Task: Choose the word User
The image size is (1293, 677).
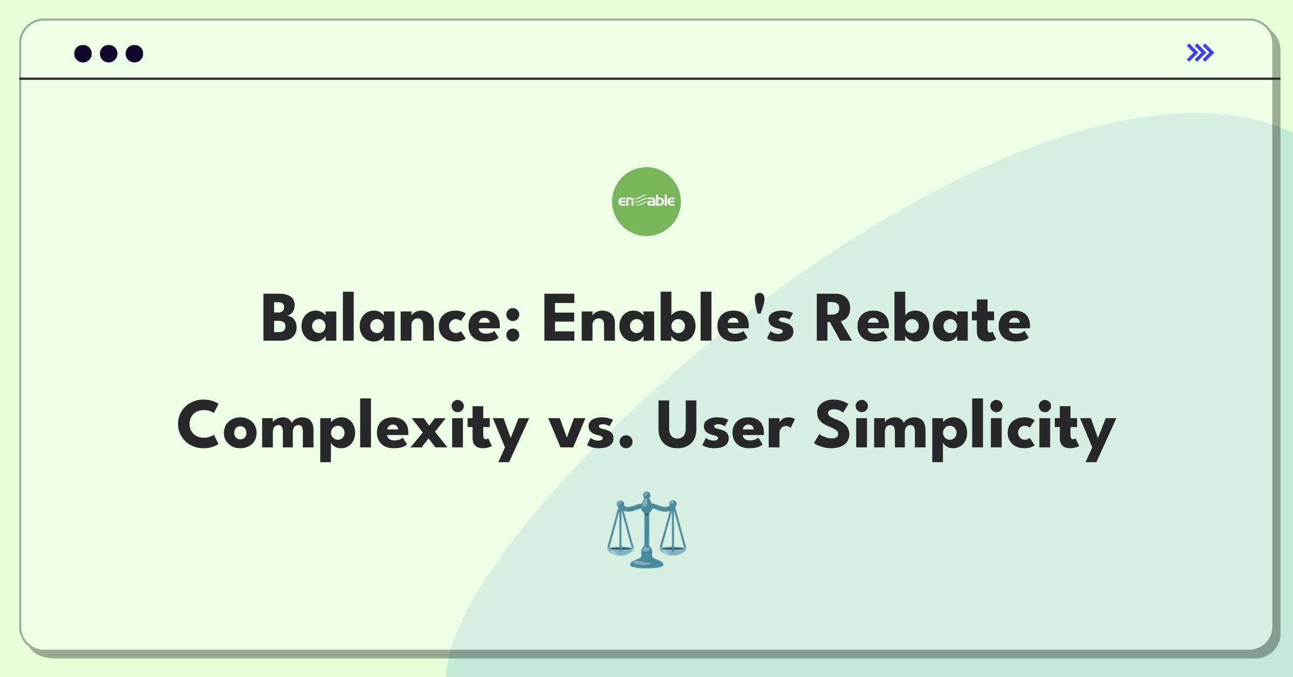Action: (x=725, y=426)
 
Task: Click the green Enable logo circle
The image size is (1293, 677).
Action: (x=646, y=202)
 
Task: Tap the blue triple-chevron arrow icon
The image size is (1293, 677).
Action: (x=1200, y=53)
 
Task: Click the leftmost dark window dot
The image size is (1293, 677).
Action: (x=83, y=54)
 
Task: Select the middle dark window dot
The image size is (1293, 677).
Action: (x=109, y=54)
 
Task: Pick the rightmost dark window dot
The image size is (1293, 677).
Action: (x=135, y=54)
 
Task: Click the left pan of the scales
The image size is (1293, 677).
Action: (x=620, y=550)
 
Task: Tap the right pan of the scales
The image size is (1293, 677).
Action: (x=673, y=550)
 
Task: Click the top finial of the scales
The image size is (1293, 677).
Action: (x=646, y=495)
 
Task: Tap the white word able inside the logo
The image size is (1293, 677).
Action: (x=661, y=201)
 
